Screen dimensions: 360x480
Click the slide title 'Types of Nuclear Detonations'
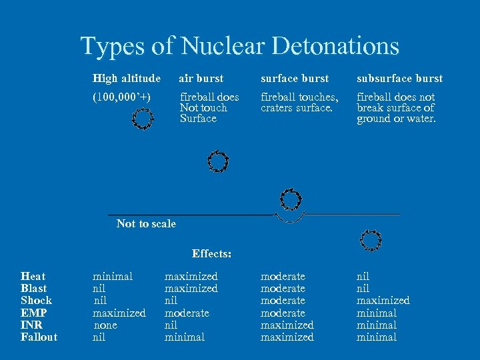239,46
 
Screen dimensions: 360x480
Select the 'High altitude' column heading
127,79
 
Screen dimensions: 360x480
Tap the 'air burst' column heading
201,79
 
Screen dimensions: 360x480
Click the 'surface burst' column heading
295,79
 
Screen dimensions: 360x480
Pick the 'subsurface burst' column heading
399,79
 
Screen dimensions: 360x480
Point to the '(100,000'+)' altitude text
122,97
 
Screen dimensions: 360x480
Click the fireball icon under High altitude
142,119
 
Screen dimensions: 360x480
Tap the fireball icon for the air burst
217,161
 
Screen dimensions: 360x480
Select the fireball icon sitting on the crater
291,199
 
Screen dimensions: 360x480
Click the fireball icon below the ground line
370,240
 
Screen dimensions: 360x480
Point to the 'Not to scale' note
146,224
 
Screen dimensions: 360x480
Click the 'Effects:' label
211,253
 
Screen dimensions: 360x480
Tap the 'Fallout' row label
39,337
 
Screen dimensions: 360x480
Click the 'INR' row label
31,325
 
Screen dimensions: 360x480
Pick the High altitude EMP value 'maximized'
119,313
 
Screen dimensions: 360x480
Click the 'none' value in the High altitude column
105,325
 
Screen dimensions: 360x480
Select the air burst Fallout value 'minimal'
185,337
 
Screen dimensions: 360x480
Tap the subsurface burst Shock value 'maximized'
383,301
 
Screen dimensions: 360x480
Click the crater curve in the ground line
291,219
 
